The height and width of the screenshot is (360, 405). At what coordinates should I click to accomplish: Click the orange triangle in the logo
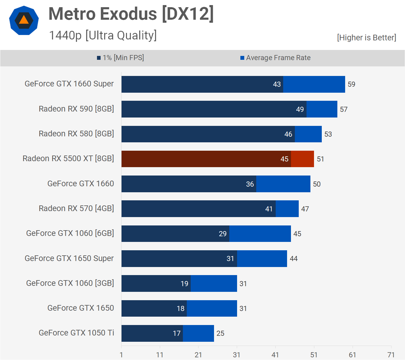[24, 20]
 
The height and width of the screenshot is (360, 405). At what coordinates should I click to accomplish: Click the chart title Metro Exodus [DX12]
[131, 14]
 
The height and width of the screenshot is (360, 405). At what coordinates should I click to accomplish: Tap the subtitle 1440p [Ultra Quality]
[103, 35]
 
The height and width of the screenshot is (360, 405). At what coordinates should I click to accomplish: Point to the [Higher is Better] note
[366, 38]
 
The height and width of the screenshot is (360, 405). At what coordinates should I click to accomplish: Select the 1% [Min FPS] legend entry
[120, 58]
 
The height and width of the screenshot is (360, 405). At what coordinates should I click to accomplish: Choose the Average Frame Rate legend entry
[275, 58]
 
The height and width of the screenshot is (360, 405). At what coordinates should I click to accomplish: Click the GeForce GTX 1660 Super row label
[69, 84]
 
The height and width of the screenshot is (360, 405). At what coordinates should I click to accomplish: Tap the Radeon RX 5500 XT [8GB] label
[68, 158]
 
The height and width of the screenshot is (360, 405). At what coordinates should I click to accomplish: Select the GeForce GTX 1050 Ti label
[76, 333]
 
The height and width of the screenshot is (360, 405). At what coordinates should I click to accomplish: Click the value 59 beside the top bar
[351, 84]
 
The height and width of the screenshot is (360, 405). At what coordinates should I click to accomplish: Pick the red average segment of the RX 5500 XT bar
[302, 159]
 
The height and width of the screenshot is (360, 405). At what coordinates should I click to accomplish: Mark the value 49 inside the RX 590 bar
[300, 109]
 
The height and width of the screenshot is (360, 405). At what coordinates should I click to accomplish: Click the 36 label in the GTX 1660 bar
[250, 184]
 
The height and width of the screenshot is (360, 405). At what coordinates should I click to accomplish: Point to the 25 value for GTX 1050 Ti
[220, 333]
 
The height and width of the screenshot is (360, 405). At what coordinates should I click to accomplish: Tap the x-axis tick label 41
[275, 355]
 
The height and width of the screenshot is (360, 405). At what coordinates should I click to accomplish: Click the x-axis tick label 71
[391, 355]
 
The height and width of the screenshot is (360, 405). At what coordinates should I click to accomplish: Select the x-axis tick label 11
[160, 355]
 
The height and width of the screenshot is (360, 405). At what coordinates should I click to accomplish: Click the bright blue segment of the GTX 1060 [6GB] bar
[260, 234]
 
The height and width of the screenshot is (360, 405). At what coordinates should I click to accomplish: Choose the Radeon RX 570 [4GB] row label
[76, 208]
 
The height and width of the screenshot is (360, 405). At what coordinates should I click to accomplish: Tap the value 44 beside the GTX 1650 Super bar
[294, 259]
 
